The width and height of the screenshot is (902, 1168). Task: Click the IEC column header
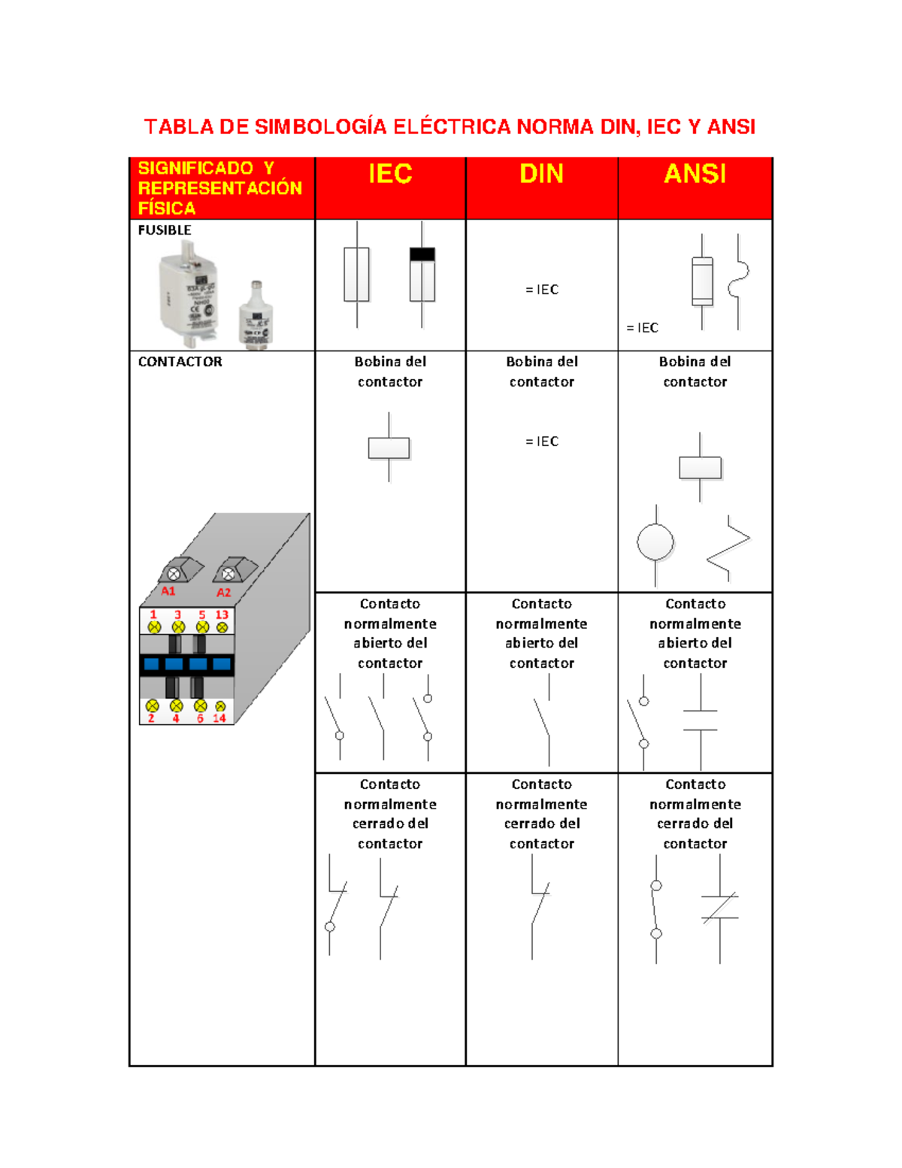coord(390,174)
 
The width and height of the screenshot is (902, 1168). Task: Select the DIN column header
coord(541,174)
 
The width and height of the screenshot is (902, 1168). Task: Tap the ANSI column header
coord(695,174)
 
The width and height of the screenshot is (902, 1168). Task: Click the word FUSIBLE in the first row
coord(165,230)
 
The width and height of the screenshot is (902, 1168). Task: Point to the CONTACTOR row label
coord(180,362)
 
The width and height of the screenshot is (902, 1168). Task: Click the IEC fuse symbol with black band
coord(422,275)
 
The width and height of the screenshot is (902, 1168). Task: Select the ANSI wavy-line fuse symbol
coord(738,281)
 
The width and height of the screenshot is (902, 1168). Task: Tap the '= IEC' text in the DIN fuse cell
coord(542,290)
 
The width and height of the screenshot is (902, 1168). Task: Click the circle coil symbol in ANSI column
coord(655,542)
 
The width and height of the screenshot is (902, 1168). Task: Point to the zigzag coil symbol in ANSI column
coord(728,548)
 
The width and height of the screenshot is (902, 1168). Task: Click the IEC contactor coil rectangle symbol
coord(389,447)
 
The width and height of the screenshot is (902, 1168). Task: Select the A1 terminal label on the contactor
coord(168,591)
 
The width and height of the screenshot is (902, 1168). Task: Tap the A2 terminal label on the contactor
coord(223,593)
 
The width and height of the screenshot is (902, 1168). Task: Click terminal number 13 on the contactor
coord(222,614)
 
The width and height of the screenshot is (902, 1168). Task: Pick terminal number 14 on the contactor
coord(219,718)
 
